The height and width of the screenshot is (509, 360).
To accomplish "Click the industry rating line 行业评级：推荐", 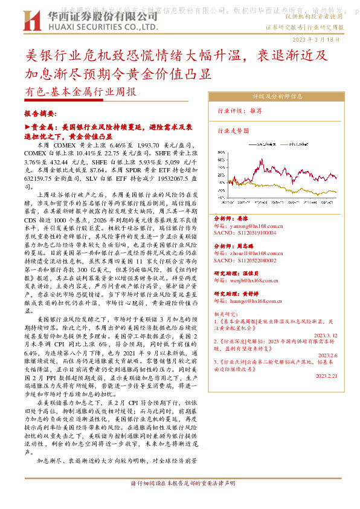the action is point(239,111).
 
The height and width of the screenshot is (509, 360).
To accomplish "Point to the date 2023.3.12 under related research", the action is point(326,334).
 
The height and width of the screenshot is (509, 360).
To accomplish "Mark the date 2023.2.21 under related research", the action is point(326,375).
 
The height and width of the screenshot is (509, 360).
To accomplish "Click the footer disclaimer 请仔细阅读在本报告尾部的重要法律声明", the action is point(179,484).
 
